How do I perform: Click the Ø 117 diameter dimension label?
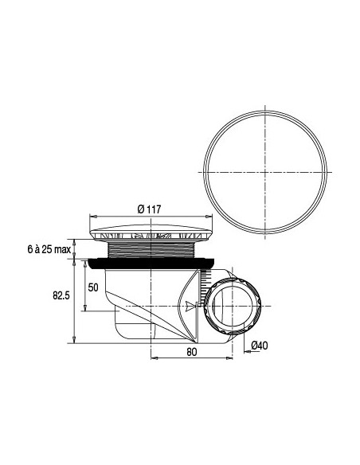click(150, 209)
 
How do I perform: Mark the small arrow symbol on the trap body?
click(188, 306)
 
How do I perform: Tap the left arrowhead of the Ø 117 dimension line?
click(90, 216)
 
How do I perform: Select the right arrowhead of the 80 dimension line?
click(231, 356)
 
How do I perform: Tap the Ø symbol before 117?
click(140, 209)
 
